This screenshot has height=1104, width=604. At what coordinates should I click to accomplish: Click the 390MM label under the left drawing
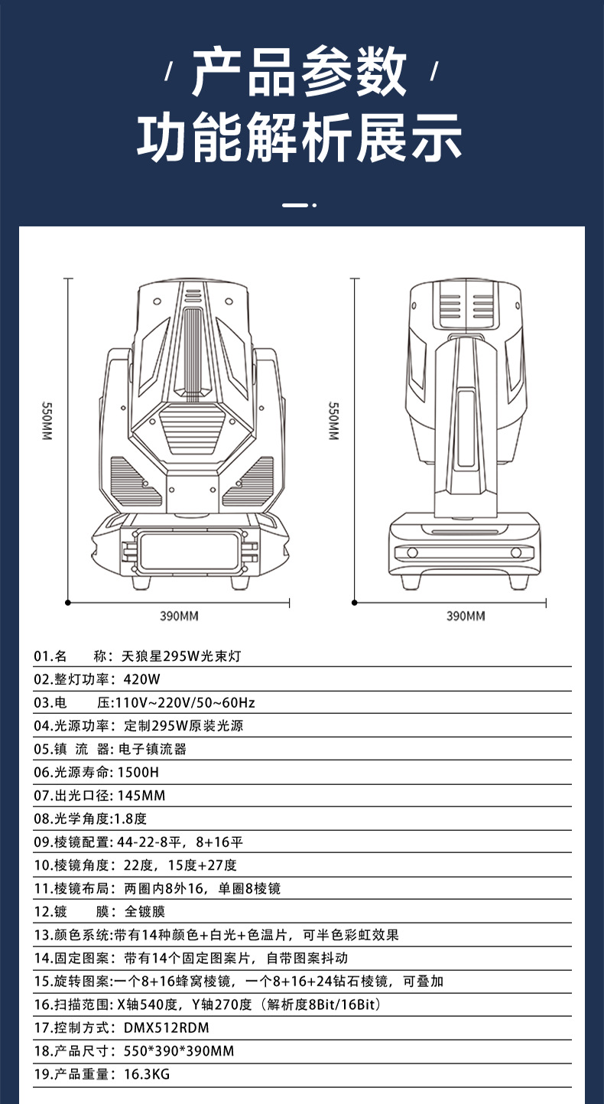[x=179, y=616]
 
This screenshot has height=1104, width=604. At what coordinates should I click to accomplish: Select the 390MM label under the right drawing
[x=466, y=616]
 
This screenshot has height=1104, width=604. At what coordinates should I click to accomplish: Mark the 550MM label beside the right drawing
[x=333, y=421]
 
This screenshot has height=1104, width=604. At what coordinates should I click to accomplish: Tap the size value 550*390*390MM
[x=178, y=1051]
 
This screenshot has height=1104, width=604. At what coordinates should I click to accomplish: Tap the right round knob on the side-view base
[x=515, y=552]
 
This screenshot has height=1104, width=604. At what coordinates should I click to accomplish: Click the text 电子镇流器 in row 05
[x=153, y=749]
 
